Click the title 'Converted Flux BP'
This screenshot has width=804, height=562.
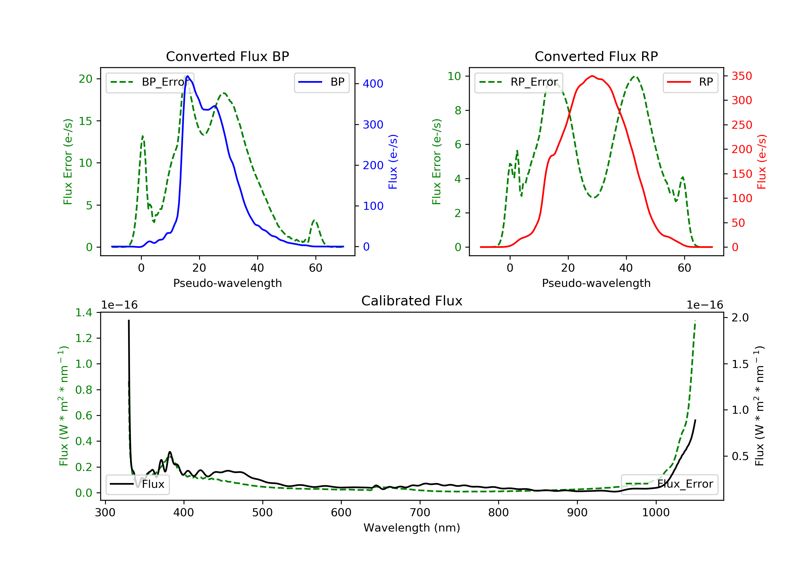click(228, 56)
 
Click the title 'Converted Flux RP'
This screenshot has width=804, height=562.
click(596, 56)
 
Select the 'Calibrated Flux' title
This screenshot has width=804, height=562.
click(412, 301)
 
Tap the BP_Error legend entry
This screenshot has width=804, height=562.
click(150, 82)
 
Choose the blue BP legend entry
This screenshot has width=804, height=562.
click(321, 82)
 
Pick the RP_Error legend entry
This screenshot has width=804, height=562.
click(519, 82)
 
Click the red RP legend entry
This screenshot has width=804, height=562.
click(690, 82)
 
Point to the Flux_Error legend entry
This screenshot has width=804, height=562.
click(669, 484)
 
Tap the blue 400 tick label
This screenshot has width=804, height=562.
click(373, 83)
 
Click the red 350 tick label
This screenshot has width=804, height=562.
click(742, 76)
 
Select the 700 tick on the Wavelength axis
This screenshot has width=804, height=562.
click(420, 513)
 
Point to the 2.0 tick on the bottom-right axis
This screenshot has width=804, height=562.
click(740, 318)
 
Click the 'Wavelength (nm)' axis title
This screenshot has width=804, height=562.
click(412, 528)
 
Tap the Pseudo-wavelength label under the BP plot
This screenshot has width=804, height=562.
click(228, 283)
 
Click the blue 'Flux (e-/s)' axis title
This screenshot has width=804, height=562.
click(393, 162)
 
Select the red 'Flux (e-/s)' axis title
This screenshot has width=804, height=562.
click(762, 162)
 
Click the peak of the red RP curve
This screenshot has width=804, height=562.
click(592, 76)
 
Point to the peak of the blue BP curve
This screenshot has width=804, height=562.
click(188, 76)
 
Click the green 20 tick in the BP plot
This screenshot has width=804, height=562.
click(85, 79)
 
